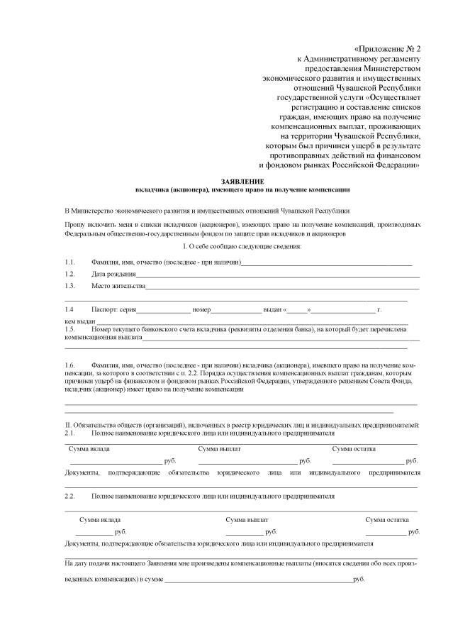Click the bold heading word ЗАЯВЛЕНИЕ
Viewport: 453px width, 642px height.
click(242, 182)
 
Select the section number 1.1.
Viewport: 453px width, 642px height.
click(69, 262)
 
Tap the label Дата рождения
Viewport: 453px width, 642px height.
click(113, 274)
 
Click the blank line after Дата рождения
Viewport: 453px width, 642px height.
click(276, 275)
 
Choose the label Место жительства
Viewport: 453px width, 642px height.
click(118, 286)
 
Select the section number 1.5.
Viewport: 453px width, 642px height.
click(69, 330)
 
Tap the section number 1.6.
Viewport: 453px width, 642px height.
click(69, 364)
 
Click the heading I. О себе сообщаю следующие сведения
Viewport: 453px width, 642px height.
click(242, 246)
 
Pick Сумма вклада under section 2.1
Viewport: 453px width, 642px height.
click(89, 449)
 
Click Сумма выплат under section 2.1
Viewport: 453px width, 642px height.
click(220, 449)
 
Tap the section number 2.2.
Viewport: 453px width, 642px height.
click(69, 497)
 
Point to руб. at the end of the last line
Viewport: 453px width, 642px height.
click(358, 580)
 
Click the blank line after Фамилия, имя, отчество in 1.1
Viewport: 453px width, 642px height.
click(326, 263)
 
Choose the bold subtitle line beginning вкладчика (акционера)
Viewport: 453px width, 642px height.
click(242, 190)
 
